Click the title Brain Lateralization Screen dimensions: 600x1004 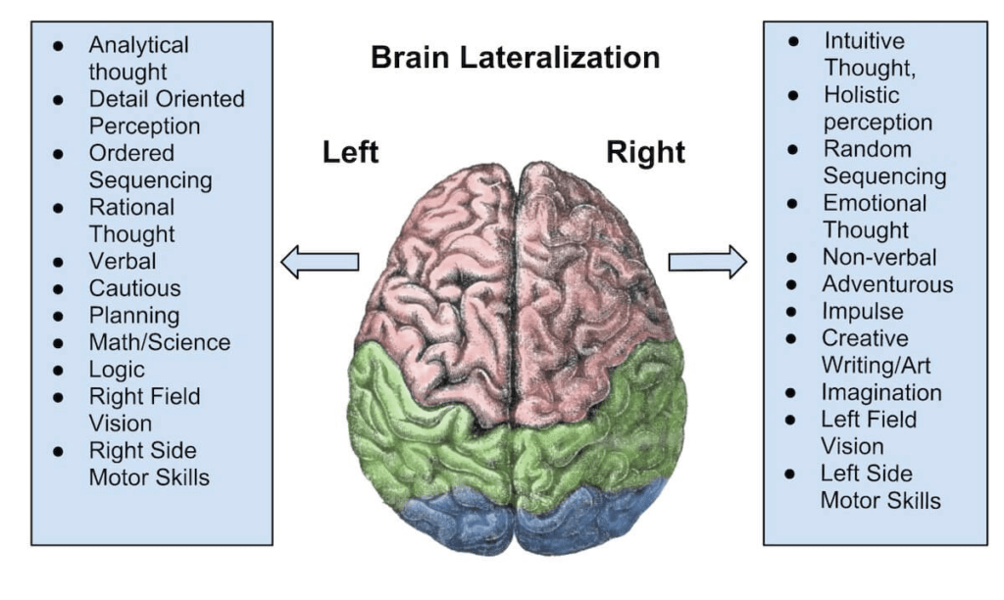[515, 57]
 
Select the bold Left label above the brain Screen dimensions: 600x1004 [350, 153]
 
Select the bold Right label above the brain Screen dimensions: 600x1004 [645, 153]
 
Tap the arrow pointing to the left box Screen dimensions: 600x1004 [320, 262]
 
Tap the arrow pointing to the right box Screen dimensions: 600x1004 [707, 262]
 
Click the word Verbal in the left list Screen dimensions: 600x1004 [123, 262]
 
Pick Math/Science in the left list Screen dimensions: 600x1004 [160, 342]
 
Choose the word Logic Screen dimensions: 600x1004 [117, 370]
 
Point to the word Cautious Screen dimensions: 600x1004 [135, 288]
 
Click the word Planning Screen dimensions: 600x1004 [134, 316]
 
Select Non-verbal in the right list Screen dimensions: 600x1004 [879, 258]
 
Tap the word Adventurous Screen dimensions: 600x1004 [887, 284]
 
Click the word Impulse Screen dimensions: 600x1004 [863, 312]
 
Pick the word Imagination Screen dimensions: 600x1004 [881, 392]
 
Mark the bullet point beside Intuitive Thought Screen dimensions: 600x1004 [793, 42]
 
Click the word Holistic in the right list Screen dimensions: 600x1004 [861, 96]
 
